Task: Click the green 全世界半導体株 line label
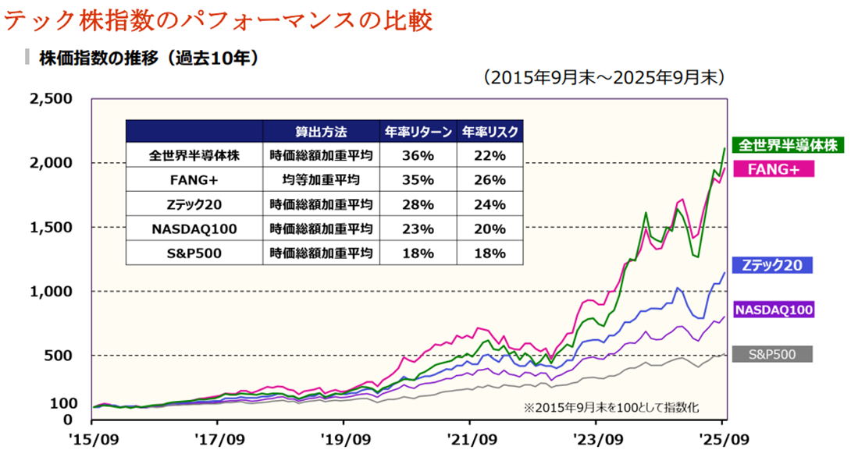click(788, 145)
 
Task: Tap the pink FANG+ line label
click(774, 169)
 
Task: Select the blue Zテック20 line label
click(772, 265)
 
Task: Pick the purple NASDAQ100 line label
click(774, 310)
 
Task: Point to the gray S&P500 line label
click(772, 355)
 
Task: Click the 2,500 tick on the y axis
click(51, 99)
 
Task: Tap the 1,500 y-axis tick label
click(51, 227)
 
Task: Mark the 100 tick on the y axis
click(63, 403)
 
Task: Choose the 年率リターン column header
click(418, 132)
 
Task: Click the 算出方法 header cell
click(321, 132)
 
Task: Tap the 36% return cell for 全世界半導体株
click(418, 156)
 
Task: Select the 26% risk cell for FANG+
click(490, 179)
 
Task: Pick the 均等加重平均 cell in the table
click(321, 179)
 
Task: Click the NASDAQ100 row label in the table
click(194, 228)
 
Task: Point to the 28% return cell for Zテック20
click(418, 204)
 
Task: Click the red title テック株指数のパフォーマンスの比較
click(218, 20)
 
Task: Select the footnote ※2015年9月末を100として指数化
click(611, 408)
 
